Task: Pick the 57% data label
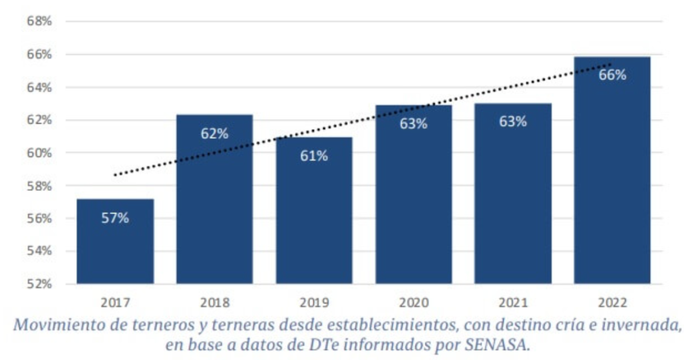click(x=115, y=218)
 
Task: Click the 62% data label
click(x=214, y=134)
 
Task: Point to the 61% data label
click(x=314, y=156)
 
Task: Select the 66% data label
click(x=612, y=75)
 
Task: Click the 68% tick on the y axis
click(x=39, y=21)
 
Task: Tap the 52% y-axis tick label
click(x=39, y=284)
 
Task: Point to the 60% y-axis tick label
click(x=39, y=153)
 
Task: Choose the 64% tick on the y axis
click(x=39, y=87)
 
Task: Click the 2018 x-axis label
click(x=214, y=303)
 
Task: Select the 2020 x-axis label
click(x=413, y=303)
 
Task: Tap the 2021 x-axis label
click(x=512, y=303)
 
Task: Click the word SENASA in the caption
click(x=492, y=345)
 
